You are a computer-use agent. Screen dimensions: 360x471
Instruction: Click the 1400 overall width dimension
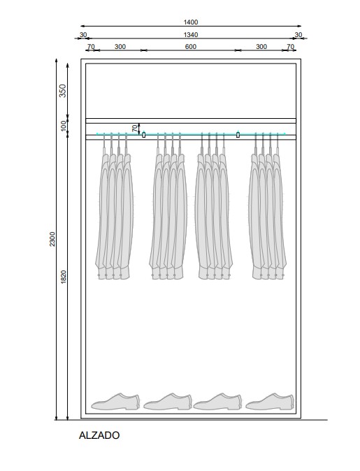(x=191, y=22)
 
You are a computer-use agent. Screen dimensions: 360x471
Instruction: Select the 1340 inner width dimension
(x=191, y=35)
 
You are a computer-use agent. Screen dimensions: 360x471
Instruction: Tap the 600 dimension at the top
(x=191, y=47)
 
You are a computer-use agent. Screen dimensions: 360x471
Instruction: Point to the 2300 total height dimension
(x=52, y=239)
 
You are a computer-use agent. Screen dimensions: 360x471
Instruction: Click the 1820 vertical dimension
(x=63, y=277)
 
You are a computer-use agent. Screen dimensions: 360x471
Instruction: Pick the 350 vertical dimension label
(x=62, y=91)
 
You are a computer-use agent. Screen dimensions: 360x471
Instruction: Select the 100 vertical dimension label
(x=64, y=126)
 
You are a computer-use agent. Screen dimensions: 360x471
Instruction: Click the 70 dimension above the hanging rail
(x=135, y=129)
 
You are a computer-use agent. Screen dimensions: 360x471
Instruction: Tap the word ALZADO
(x=99, y=435)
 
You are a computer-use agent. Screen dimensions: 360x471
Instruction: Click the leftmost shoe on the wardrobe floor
(x=115, y=402)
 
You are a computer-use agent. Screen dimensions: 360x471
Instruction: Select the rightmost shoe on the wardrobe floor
(x=270, y=402)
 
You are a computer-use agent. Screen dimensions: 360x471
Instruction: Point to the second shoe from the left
(x=168, y=402)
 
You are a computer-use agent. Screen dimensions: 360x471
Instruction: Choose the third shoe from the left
(x=217, y=402)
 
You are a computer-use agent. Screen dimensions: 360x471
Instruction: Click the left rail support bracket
(x=143, y=135)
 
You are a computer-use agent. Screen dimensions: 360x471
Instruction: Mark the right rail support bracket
(x=238, y=135)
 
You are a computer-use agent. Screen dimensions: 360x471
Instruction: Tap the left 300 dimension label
(x=120, y=47)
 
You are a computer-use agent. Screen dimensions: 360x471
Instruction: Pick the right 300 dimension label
(x=261, y=47)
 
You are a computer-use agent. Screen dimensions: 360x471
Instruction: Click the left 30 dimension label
(x=83, y=35)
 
